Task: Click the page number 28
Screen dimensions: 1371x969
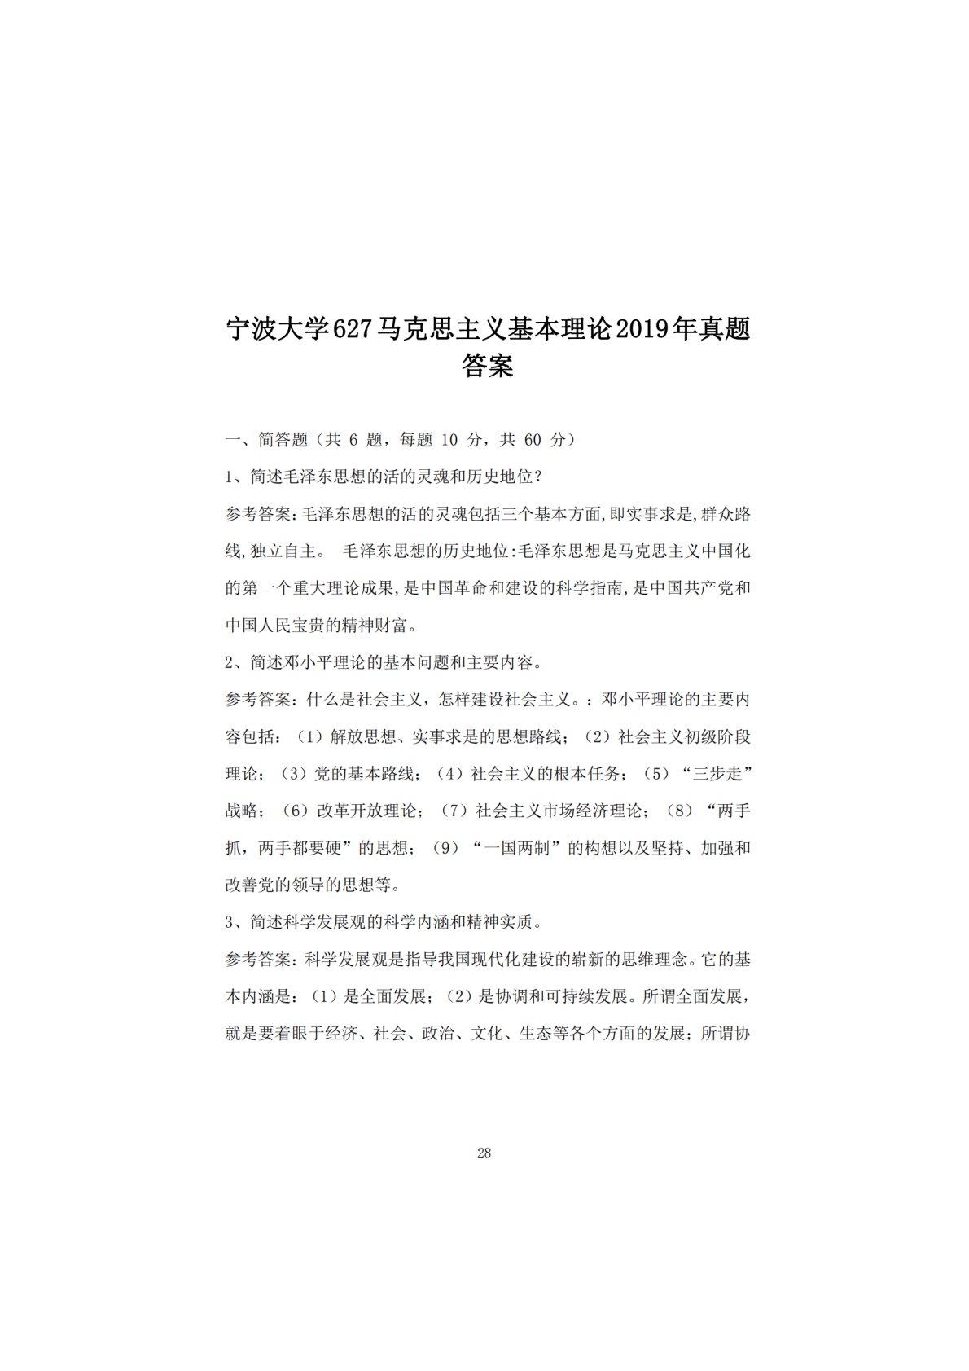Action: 484,1153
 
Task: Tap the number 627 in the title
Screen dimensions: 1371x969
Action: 353,330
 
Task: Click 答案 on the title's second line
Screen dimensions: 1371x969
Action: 487,366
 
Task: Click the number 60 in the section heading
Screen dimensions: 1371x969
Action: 533,440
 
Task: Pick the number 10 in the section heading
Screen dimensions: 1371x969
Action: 449,440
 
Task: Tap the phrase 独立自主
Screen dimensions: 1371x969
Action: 281,551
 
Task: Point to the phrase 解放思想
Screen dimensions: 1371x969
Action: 355,737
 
